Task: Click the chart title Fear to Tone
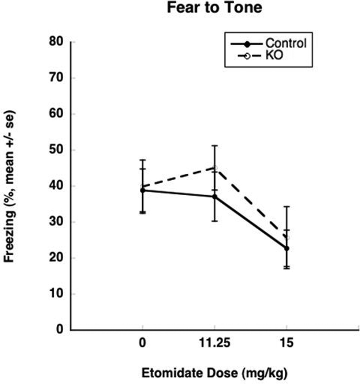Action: point(214,8)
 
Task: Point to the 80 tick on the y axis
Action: point(58,42)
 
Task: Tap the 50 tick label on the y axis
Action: point(58,150)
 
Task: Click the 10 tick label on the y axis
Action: point(58,294)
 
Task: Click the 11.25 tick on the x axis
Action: point(214,344)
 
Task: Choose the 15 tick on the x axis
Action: point(286,344)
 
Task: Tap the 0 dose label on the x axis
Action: point(142,344)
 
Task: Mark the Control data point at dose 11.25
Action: point(214,197)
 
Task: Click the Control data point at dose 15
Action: point(286,248)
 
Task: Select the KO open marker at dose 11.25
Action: point(214,168)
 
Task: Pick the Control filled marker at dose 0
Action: point(142,191)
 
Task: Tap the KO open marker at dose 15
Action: point(286,238)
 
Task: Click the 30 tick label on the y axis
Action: point(58,222)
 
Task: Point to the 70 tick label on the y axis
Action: point(58,78)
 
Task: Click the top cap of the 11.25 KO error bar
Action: point(214,146)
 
